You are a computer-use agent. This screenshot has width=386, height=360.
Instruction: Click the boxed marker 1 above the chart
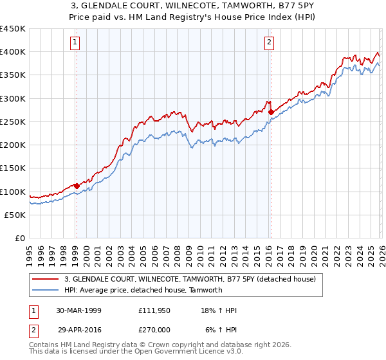coord(76,43)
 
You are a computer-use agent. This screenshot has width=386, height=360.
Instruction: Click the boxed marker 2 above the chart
coord(268,43)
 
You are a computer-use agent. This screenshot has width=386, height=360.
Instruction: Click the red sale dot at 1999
coord(77,186)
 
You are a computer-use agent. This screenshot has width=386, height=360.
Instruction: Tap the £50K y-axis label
coord(15,215)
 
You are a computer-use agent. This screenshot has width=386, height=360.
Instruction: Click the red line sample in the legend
coord(46,280)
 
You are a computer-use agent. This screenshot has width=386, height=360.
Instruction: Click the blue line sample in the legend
coord(46,290)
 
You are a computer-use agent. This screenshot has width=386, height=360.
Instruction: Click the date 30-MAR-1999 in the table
coord(79,310)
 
